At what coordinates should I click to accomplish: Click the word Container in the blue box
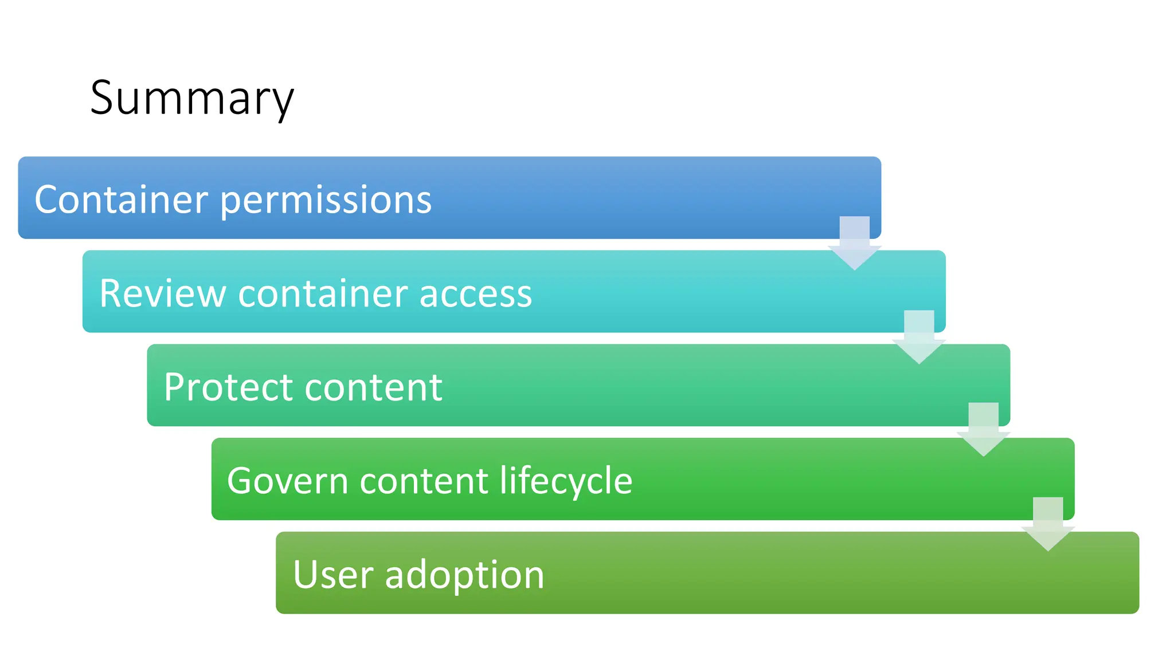pyautogui.click(x=121, y=199)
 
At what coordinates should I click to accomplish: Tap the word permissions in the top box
pyautogui.click(x=326, y=201)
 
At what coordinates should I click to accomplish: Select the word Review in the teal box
pyautogui.click(x=163, y=293)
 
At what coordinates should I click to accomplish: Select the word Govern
pyautogui.click(x=287, y=481)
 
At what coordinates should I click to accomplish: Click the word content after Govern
pyautogui.click(x=424, y=481)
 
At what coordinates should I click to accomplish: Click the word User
pyautogui.click(x=333, y=575)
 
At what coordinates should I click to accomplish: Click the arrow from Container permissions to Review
pyautogui.click(x=855, y=243)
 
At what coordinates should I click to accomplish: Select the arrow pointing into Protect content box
pyautogui.click(x=919, y=337)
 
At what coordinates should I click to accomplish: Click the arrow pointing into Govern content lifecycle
pyautogui.click(x=984, y=430)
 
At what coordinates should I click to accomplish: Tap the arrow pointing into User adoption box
pyautogui.click(x=1048, y=524)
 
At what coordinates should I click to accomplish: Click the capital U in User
pyautogui.click(x=306, y=575)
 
